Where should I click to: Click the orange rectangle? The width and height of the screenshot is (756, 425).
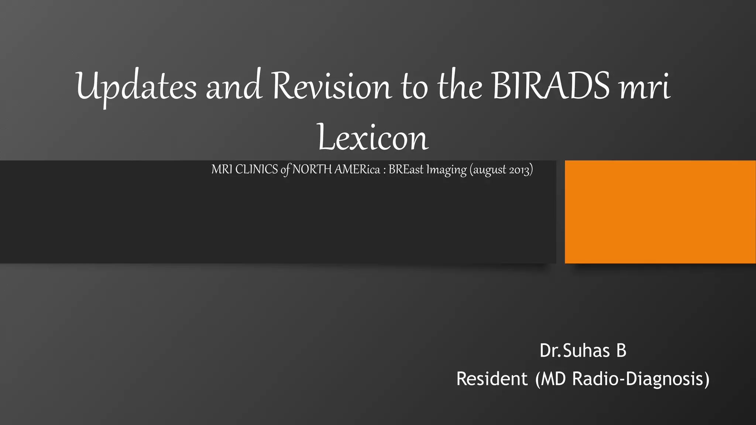tap(660, 212)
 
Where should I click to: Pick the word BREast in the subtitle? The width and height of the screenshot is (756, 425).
tap(406, 169)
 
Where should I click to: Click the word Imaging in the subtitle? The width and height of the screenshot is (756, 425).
tap(446, 170)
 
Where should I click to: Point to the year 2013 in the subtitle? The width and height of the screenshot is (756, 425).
tap(519, 170)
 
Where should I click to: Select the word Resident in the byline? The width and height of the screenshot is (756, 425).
tap(492, 379)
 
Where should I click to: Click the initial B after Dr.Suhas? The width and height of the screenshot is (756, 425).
tap(621, 350)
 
